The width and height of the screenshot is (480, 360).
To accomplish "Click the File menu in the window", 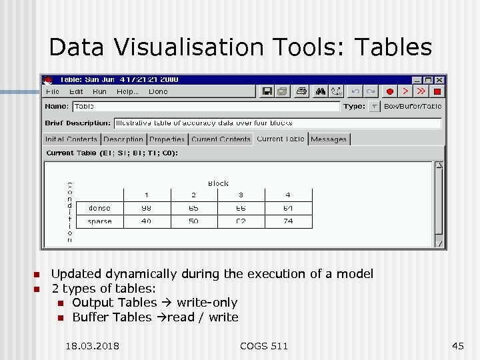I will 52,91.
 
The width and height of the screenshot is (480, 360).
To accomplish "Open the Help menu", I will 127,91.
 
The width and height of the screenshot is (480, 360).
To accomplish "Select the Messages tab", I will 329,139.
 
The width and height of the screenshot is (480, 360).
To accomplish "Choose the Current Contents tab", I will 221,139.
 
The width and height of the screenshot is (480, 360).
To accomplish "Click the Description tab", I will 123,139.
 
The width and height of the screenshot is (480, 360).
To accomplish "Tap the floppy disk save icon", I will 267,91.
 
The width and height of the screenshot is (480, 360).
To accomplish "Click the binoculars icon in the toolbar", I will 321,91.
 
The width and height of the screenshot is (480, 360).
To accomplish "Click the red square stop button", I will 437,91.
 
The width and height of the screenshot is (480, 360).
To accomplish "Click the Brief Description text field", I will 277,123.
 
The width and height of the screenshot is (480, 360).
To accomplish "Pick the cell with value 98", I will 146,208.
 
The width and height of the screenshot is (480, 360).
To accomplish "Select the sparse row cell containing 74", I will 288,221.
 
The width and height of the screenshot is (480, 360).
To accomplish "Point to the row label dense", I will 99,208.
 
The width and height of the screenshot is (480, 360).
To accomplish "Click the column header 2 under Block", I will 193,195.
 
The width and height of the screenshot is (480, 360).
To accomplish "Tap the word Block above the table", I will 218,183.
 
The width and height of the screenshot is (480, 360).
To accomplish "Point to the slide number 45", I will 457,345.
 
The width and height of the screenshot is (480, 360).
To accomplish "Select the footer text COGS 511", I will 264,345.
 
